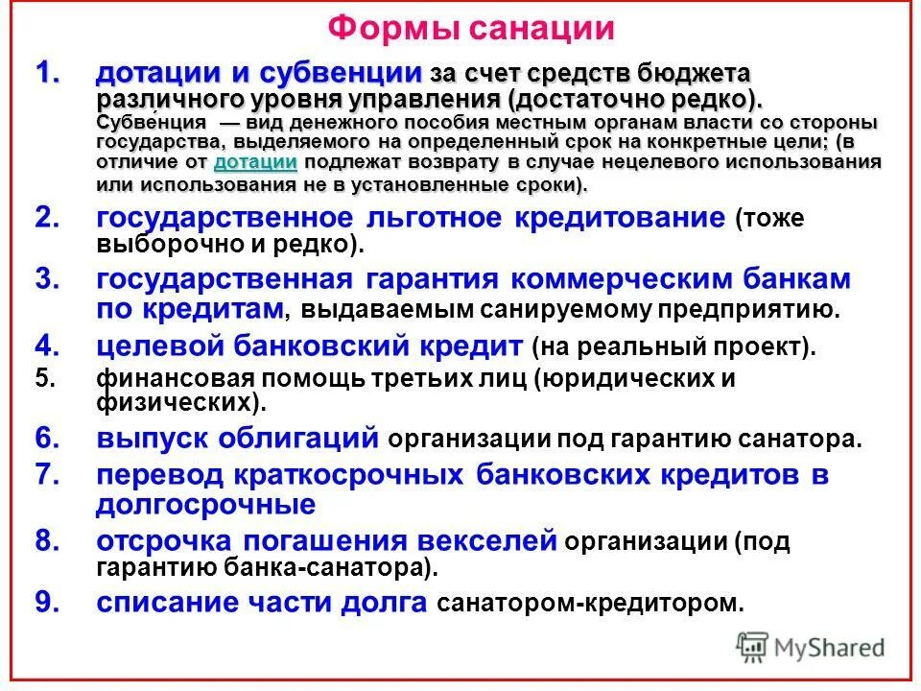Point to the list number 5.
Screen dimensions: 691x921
(x=46, y=377)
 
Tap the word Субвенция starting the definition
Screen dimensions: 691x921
(x=151, y=123)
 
